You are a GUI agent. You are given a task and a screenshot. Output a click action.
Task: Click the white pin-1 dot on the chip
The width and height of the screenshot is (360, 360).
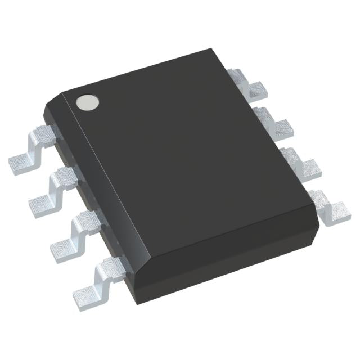pos(88,102)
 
